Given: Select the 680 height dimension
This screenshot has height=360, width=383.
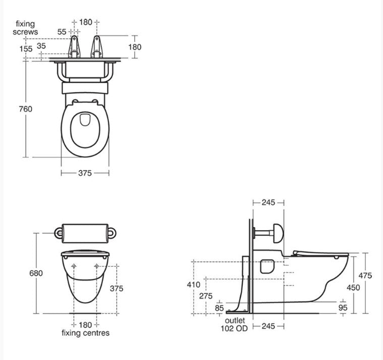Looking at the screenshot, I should click(36, 273).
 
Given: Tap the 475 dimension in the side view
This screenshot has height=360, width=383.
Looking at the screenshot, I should click(365, 276).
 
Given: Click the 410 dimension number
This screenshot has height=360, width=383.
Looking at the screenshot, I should click(193, 285).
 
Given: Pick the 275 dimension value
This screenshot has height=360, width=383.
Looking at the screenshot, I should click(206, 296).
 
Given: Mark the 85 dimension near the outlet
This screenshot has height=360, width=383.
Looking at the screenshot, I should click(219, 307).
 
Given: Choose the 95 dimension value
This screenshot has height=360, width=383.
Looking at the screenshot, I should click(343, 307).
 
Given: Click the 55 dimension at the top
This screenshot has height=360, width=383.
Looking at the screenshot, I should click(62, 32).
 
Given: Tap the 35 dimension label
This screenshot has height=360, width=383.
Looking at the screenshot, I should click(41, 46).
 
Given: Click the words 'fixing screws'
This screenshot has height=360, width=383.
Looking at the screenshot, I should click(26, 28).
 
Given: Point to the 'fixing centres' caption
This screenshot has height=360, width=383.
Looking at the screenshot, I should click(85, 333).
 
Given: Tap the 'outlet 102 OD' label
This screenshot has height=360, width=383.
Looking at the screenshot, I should click(235, 325).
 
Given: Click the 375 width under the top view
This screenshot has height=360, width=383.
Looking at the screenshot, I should click(85, 173).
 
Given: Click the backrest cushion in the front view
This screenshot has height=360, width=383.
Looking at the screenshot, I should click(85, 232).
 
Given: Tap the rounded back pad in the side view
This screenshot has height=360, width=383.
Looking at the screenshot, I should click(277, 232).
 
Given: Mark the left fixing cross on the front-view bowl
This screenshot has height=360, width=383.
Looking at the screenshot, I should click(74, 266).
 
